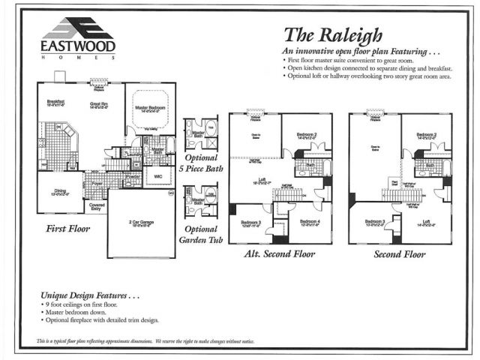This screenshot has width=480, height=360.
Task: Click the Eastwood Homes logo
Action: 77,37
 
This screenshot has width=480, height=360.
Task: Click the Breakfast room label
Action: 55,103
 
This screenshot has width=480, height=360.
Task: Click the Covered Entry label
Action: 97,205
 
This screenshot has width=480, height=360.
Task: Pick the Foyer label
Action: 97,182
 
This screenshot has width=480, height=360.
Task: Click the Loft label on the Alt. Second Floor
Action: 259,179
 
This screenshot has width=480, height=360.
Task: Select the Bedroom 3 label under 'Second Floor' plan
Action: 375,222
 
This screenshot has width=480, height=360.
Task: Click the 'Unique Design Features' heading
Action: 90,297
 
